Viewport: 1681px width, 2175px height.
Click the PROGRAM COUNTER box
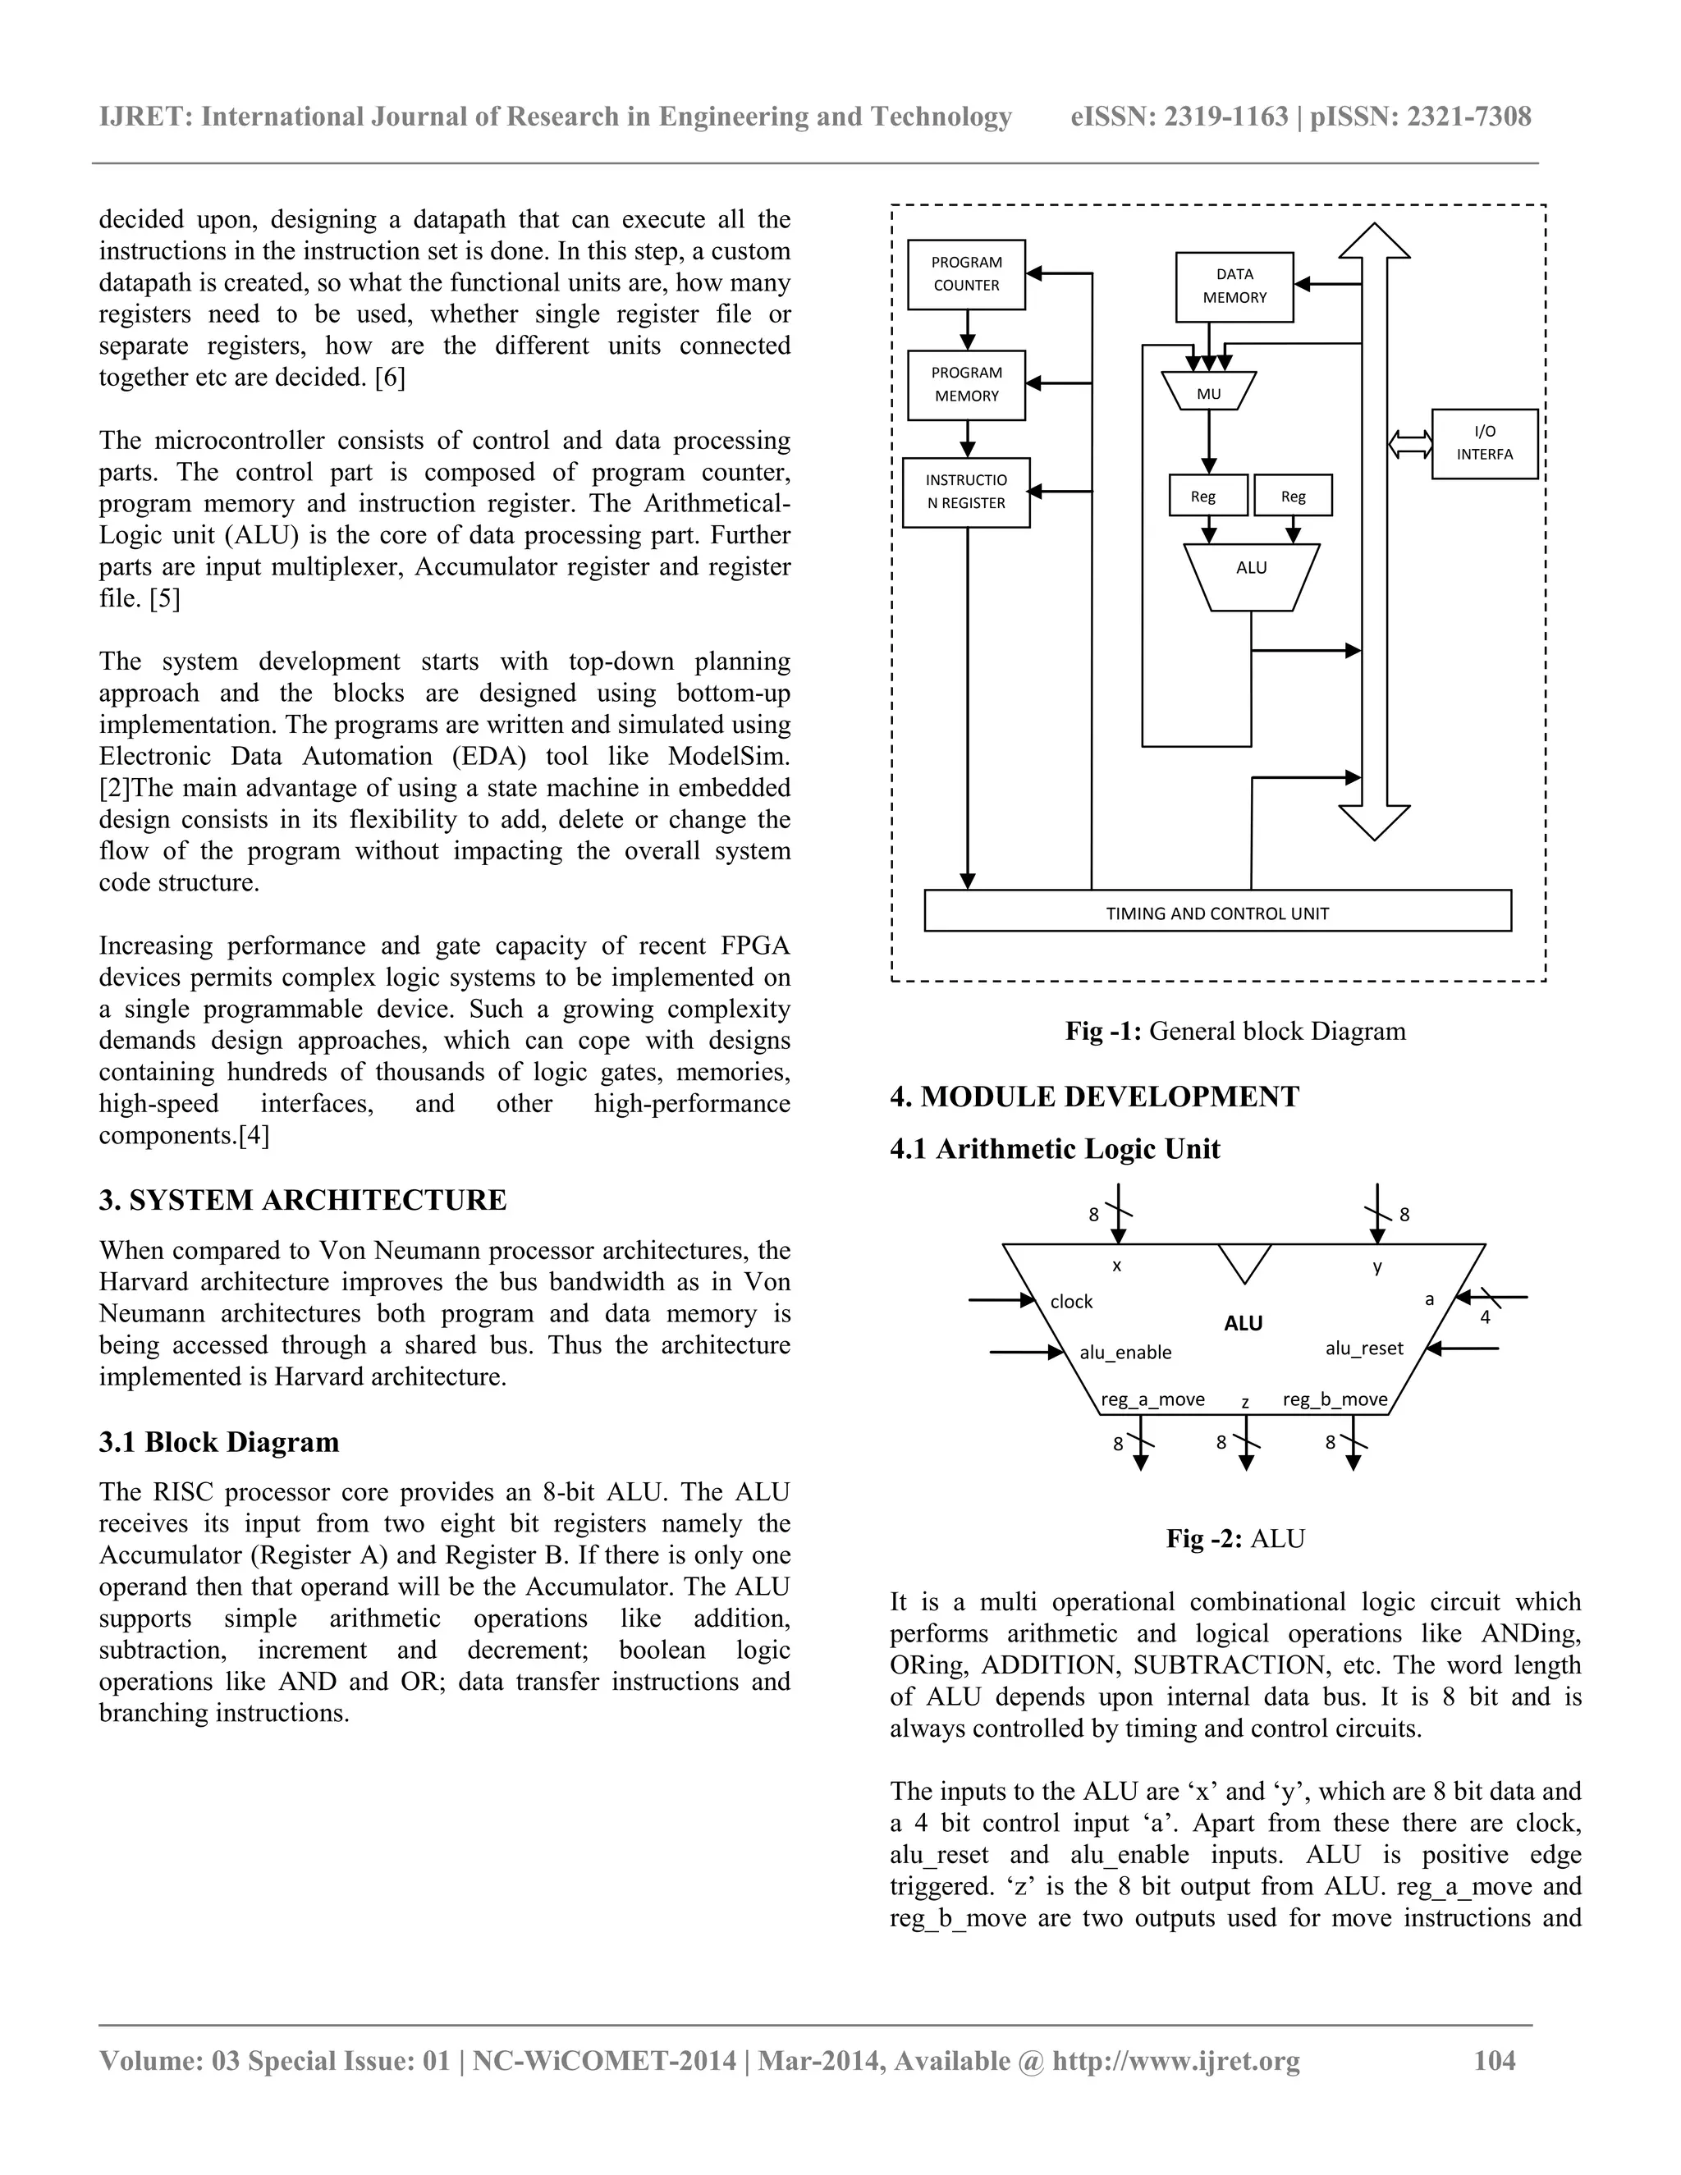click(966, 274)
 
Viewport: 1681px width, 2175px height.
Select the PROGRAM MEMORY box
click(966, 384)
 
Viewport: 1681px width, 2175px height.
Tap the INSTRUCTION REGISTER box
click(966, 492)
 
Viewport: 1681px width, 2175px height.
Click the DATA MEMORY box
click(1234, 286)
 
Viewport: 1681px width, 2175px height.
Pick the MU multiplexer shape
click(1209, 391)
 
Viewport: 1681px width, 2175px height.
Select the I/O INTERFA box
click(1484, 443)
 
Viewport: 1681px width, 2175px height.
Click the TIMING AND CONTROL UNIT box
click(1217, 911)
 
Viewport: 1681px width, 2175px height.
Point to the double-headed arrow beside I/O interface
click(1409, 443)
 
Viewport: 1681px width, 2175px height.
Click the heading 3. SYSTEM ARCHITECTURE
click(303, 1200)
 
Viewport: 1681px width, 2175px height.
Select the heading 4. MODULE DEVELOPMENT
click(1094, 1097)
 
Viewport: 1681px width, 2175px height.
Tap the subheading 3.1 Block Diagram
click(219, 1442)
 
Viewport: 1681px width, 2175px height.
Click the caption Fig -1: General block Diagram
click(1234, 1031)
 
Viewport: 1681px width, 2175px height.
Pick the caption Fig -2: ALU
click(1234, 1539)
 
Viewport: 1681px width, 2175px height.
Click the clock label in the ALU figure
click(1071, 1302)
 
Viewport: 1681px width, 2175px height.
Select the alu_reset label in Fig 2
click(1363, 1348)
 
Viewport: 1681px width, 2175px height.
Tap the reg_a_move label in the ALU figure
click(1152, 1399)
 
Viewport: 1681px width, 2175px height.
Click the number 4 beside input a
click(1485, 1317)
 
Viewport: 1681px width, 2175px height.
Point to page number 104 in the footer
click(1494, 2060)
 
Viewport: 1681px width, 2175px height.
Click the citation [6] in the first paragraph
click(389, 378)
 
